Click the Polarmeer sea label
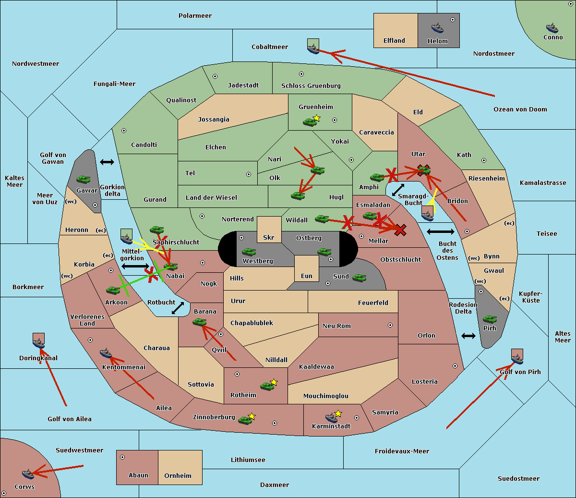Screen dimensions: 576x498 click(195, 16)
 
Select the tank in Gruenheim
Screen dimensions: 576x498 click(310, 122)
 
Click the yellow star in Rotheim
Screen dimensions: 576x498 click(274, 382)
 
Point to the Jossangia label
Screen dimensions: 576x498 click(214, 120)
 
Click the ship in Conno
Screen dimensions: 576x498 click(552, 28)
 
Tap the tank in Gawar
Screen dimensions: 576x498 click(83, 179)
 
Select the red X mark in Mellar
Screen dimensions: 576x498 click(400, 230)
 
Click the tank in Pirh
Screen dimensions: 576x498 click(490, 319)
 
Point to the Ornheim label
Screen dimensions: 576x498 click(178, 475)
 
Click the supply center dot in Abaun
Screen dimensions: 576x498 click(122, 457)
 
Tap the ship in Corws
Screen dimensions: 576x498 click(28, 474)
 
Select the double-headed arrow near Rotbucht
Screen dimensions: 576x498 click(178, 308)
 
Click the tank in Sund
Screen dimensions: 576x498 click(359, 278)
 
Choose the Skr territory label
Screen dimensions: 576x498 click(269, 237)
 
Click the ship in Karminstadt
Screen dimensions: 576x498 click(331, 417)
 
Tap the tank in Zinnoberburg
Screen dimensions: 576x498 click(245, 420)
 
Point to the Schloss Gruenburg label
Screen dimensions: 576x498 click(311, 85)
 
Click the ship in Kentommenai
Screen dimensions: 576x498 click(106, 353)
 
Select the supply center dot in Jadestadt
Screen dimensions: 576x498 click(215, 76)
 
